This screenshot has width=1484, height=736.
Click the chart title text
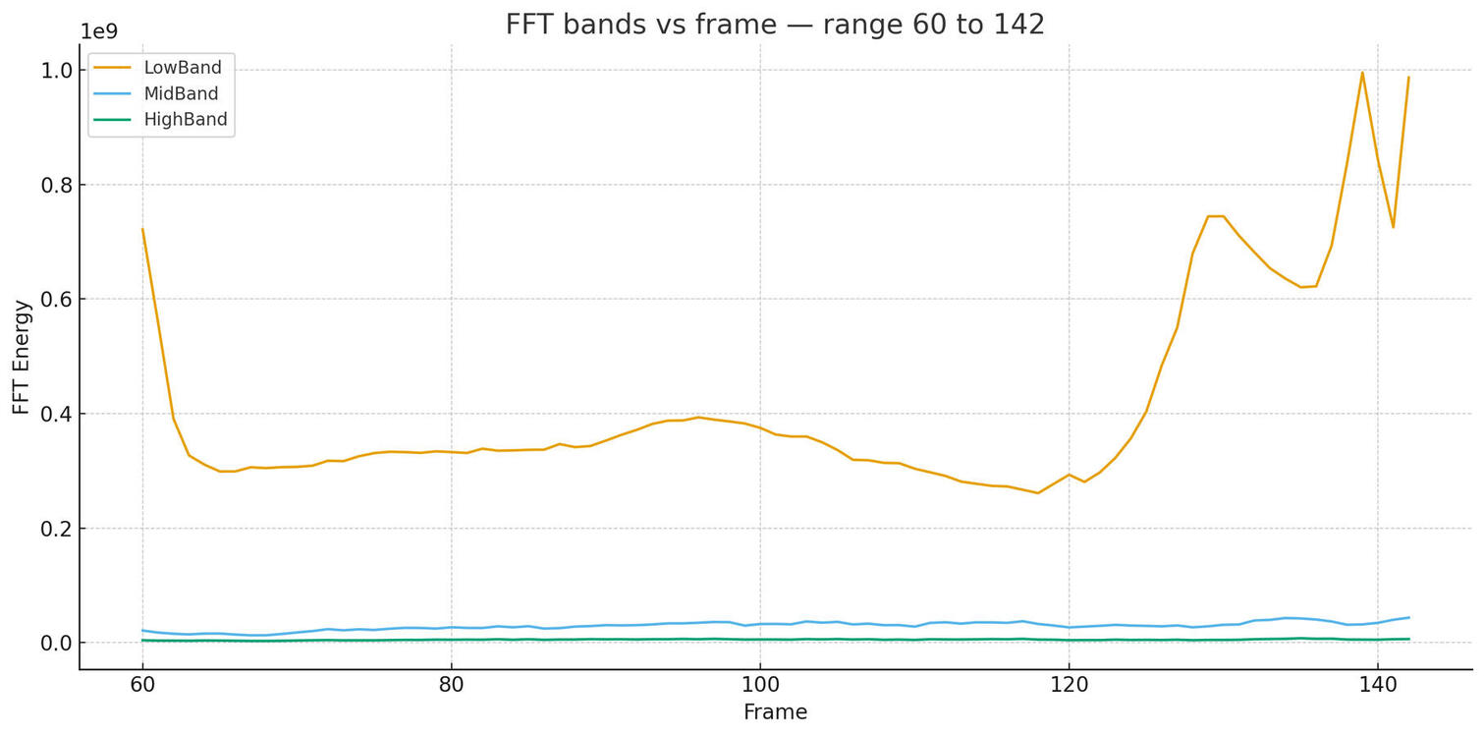[x=775, y=25]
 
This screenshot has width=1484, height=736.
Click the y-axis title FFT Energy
[x=22, y=357]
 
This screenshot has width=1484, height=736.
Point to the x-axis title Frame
[x=775, y=712]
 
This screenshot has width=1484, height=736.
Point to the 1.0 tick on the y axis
[x=58, y=71]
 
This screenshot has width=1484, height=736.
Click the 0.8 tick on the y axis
[x=58, y=185]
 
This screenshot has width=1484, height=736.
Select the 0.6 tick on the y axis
[x=58, y=299]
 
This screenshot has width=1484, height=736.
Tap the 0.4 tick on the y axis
[x=58, y=414]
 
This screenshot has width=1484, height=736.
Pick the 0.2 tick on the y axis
[x=58, y=529]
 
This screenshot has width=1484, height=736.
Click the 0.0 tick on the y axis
[x=58, y=643]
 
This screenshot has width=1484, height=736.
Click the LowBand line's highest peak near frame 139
[x=1362, y=72]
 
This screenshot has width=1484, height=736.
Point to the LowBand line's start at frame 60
[x=142, y=229]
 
